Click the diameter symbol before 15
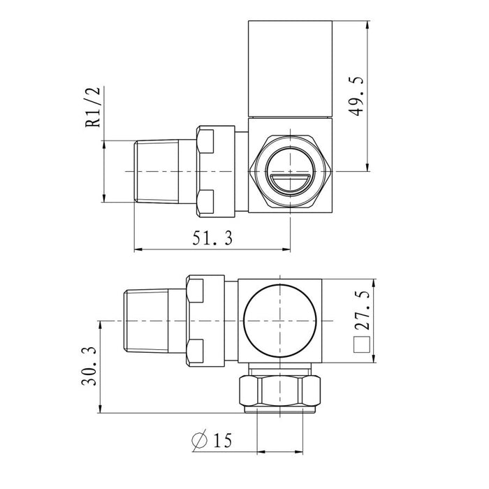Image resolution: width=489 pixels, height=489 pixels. pyautogui.click(x=199, y=441)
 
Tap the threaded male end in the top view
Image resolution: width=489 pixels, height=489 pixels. pyautogui.click(x=158, y=172)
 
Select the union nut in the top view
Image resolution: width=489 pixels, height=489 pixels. pyautogui.click(x=214, y=170)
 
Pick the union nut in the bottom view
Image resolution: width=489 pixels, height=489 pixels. pyautogui.click(x=205, y=319)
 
